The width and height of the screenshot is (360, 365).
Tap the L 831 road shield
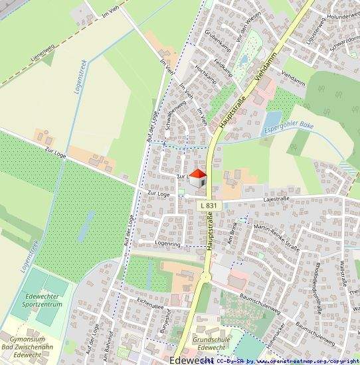pos(208,206)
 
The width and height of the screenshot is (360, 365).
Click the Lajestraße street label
pos(278,198)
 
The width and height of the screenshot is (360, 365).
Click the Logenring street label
pos(167,244)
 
